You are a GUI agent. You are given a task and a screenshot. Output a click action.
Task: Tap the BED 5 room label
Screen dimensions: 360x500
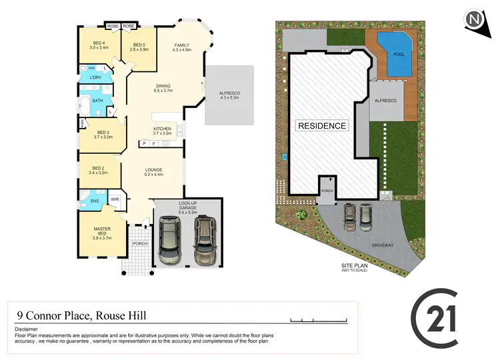pos(137,47)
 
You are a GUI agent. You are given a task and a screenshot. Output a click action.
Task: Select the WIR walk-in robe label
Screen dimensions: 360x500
pos(115,199)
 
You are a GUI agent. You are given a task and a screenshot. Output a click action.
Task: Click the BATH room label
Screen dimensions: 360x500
pos(97,101)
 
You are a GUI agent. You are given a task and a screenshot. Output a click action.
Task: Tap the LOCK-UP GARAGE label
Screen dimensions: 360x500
pos(188,208)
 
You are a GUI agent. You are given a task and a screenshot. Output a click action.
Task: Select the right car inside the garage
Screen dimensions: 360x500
pos(205,239)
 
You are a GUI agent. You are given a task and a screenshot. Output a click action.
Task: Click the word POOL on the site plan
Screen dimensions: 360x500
pos(399,54)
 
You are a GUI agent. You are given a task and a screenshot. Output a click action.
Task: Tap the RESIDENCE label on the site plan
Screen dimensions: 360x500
pos(322,125)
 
